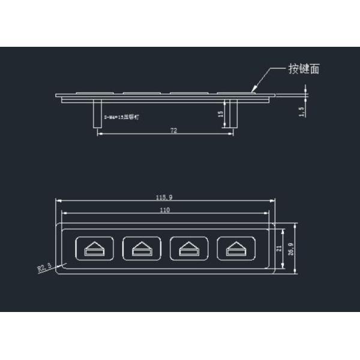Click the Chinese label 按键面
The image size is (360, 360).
click(x=304, y=69)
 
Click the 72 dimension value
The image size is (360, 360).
click(x=173, y=130)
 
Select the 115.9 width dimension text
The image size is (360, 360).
click(x=165, y=197)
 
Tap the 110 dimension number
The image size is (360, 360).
click(x=165, y=209)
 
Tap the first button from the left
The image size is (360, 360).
click(x=93, y=247)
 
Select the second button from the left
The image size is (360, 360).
click(x=140, y=247)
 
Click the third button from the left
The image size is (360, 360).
click(x=188, y=247)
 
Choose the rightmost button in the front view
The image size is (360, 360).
click(x=236, y=247)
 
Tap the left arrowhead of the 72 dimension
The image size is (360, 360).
click(x=99, y=134)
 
